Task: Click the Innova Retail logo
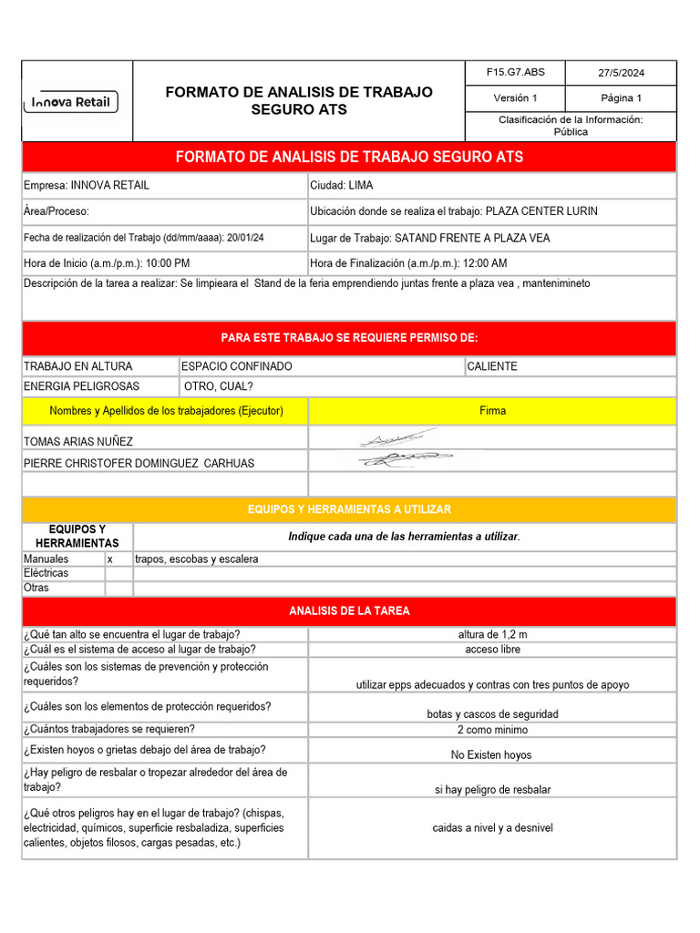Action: click(70, 102)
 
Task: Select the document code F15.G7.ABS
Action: click(515, 72)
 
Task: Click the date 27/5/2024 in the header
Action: click(621, 72)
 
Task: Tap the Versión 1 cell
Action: click(515, 98)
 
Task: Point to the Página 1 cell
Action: click(621, 98)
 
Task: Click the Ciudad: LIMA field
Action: click(342, 185)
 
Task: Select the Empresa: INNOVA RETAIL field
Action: click(87, 185)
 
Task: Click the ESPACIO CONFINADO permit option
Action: click(237, 366)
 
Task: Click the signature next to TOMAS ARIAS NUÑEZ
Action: click(396, 439)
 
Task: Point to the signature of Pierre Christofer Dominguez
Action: click(398, 460)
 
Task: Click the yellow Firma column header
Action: click(492, 411)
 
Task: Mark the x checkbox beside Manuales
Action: click(110, 559)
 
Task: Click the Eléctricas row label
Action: click(46, 573)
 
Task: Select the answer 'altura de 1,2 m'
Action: click(492, 634)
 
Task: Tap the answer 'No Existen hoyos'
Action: click(491, 754)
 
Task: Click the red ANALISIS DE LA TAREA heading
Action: click(349, 610)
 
